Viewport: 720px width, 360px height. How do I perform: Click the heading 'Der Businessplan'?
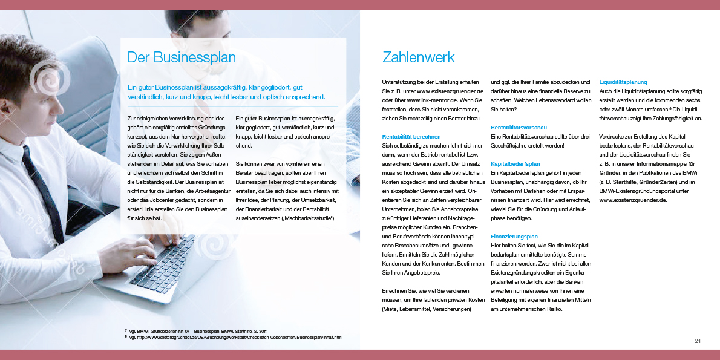(x=182, y=57)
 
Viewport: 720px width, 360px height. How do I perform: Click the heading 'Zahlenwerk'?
(x=418, y=57)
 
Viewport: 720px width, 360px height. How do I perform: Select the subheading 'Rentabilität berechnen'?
(x=411, y=137)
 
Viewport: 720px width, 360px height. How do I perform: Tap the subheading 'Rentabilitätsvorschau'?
(x=519, y=128)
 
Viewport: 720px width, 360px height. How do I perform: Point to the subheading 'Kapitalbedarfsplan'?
(x=515, y=164)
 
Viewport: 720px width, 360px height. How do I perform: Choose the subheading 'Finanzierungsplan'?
(x=514, y=237)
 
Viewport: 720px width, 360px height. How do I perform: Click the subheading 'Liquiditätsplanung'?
(x=623, y=82)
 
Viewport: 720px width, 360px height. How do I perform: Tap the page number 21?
(x=697, y=342)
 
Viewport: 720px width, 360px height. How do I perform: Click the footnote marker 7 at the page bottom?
(x=126, y=330)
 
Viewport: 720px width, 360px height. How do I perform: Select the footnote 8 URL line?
(x=236, y=337)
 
